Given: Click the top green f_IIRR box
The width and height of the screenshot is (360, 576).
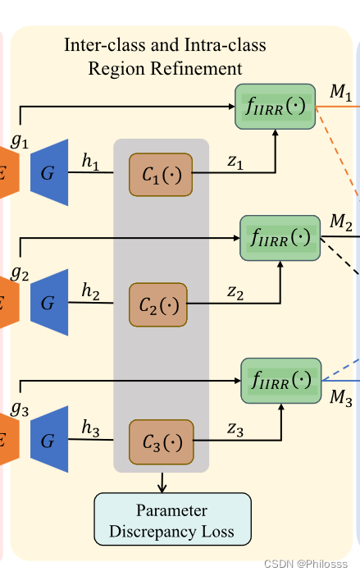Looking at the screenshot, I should click(x=275, y=106).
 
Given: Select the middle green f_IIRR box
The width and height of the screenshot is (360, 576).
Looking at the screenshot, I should click(x=280, y=238).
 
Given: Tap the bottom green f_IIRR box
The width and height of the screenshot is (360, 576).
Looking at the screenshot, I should click(x=280, y=380).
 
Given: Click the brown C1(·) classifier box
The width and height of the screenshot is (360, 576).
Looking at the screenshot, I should click(x=160, y=175).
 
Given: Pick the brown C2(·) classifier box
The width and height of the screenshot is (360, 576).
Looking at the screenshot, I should click(x=157, y=305).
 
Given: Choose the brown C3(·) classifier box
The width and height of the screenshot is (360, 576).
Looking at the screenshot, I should click(x=161, y=442).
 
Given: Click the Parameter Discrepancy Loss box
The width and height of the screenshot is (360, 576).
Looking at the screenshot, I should click(x=172, y=519).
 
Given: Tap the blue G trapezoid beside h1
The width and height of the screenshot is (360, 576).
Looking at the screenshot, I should click(x=48, y=167).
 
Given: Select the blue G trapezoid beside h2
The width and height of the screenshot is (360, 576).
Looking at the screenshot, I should click(x=48, y=303).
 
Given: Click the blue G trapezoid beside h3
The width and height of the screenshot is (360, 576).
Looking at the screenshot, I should click(x=48, y=441).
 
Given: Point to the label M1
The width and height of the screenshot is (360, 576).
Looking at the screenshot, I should click(x=340, y=93).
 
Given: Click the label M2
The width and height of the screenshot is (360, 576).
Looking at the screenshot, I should click(x=340, y=222).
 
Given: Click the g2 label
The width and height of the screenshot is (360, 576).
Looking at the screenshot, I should click(x=21, y=272).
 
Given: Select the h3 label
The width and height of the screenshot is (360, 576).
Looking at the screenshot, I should click(x=90, y=427).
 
